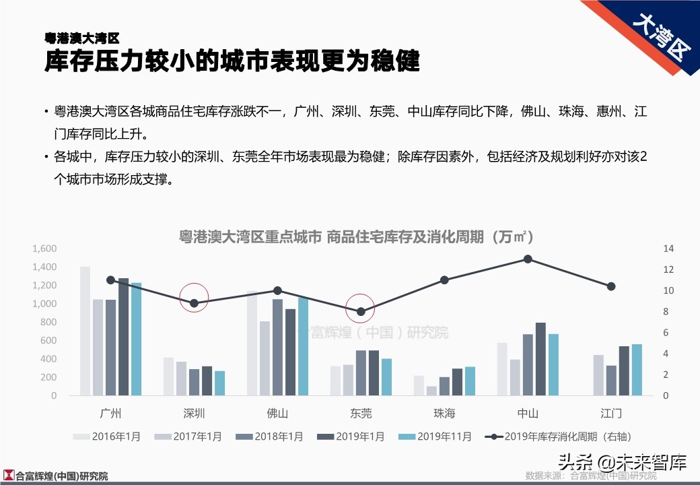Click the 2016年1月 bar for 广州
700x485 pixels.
(85, 331)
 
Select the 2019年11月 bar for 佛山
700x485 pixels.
(303, 346)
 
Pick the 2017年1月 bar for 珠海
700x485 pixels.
(431, 391)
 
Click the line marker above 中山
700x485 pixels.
(528, 259)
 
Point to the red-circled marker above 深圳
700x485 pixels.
(194, 303)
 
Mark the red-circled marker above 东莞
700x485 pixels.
(361, 312)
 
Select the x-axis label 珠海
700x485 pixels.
(444, 413)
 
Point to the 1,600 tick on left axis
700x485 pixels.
(44, 249)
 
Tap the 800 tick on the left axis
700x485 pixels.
(48, 322)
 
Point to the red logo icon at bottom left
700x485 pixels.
(8, 476)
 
